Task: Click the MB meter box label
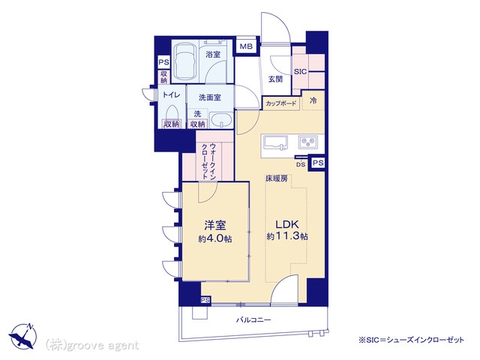point(246,46)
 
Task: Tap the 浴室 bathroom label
point(213,55)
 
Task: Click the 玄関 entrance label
point(275,79)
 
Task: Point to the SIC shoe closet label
point(300,72)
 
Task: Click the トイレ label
point(172,95)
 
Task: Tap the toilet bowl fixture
point(172,112)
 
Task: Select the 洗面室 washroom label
point(210,97)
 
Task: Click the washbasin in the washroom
point(221,120)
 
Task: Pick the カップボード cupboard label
point(281,103)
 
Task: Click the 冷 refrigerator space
point(313,100)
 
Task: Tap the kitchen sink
point(276,142)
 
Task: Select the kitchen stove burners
point(308,142)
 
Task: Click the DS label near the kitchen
point(301,164)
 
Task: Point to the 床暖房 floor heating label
point(277,178)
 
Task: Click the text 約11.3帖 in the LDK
point(287,236)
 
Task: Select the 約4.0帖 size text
point(215,238)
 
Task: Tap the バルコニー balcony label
point(253,320)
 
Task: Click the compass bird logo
point(22,336)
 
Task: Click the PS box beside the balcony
point(205,300)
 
